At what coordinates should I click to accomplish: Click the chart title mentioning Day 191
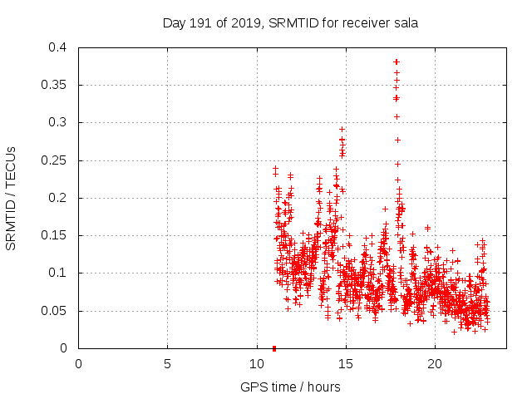[289, 23]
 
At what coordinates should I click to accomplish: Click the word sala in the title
[405, 23]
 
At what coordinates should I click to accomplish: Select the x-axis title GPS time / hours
[290, 387]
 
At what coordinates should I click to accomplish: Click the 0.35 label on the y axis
[57, 85]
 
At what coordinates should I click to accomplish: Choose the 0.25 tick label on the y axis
[57, 160]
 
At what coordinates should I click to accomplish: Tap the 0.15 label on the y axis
[57, 235]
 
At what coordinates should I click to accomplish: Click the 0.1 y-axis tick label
[61, 273]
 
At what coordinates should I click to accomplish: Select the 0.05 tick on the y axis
[57, 311]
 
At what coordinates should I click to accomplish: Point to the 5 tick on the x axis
[167, 363]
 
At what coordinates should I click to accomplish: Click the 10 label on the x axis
[256, 363]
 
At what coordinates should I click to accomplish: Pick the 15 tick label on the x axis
[345, 363]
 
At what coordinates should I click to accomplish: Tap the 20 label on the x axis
[434, 363]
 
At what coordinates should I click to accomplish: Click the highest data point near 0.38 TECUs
[397, 62]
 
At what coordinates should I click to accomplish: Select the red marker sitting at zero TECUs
[274, 347]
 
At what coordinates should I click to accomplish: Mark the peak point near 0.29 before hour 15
[342, 130]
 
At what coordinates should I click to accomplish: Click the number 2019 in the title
[232, 23]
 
